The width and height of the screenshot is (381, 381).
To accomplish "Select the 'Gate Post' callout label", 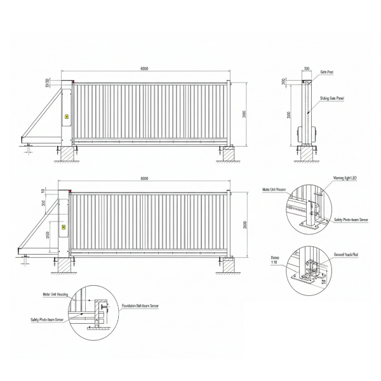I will pos(327,72).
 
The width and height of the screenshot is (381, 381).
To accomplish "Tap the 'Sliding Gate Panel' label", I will pos(332,99).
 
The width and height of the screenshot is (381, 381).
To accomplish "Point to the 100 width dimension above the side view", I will pos(307,69).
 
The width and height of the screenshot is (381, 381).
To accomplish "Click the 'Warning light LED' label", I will pos(345,179).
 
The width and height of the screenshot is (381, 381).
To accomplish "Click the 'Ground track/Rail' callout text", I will pos(347,253).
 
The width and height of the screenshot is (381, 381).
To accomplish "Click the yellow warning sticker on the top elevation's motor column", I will pos(66,116).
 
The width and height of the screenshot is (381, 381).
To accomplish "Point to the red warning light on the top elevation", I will pos(74,82).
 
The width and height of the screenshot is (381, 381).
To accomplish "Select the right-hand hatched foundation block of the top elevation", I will pos(227,154).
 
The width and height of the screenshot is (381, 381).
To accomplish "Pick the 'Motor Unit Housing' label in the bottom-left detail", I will pos(55,295).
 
